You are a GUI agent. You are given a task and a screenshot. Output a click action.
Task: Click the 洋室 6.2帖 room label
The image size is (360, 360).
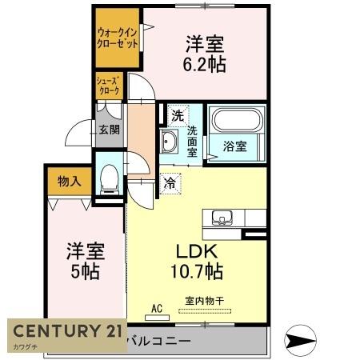coord(206,54)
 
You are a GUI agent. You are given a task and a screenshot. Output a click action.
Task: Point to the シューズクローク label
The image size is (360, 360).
coord(109,86)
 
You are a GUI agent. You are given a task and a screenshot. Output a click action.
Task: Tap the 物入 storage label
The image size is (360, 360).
coord(70,182)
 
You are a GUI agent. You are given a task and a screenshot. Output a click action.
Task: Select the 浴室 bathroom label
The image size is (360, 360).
coord(234,146)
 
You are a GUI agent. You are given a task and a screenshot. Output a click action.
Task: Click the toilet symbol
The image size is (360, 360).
coord(109,178)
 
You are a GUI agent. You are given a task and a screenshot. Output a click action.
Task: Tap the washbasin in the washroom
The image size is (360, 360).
coord(170,142)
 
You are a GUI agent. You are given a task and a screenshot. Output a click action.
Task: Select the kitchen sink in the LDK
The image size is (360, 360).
coord(222,217)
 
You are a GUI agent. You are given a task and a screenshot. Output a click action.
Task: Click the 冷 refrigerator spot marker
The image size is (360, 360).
coord(170,184)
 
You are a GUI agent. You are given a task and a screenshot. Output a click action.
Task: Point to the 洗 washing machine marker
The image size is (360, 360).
coord(175,114)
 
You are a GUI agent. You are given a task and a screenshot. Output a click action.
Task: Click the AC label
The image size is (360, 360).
coord(157,306)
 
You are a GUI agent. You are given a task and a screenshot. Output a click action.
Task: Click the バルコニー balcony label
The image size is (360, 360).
coord(160,341)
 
